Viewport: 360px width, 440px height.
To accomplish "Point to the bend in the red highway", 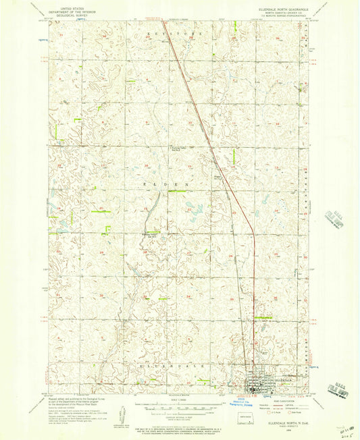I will tap(253, 232).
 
